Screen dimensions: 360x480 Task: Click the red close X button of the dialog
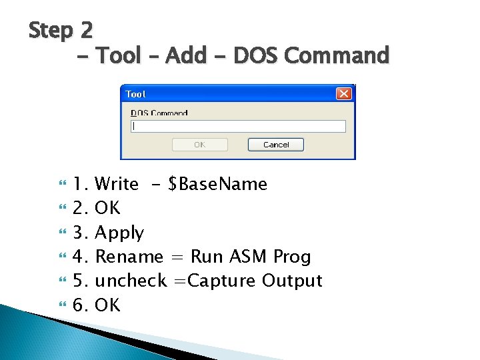[343, 94]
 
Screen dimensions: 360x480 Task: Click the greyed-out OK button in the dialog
[199, 145]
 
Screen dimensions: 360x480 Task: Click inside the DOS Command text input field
[239, 126]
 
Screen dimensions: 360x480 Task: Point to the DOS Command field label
[159, 113]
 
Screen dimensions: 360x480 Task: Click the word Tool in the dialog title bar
[135, 95]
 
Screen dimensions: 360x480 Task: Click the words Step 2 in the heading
[61, 30]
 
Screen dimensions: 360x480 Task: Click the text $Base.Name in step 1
[218, 184]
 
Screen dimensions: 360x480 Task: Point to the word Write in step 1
[117, 184]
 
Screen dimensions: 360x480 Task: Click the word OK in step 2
[108, 209]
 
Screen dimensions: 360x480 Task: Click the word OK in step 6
[108, 305]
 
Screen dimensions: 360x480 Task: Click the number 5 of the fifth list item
[79, 281]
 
